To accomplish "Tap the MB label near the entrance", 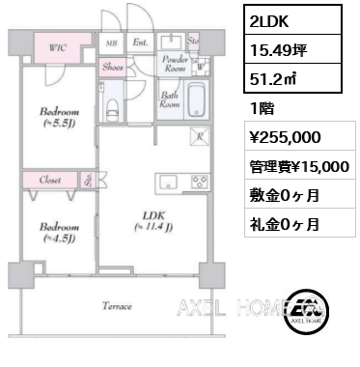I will tap(111, 43).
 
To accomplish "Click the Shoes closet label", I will tap(111, 68).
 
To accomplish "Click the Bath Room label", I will tap(169, 99).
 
